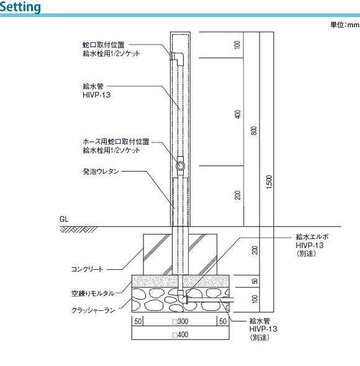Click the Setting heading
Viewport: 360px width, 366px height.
coord(20,7)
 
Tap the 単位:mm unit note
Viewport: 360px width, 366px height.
coord(344,25)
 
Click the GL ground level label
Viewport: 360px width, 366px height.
coord(64,219)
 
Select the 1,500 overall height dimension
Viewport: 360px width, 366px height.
coord(269,182)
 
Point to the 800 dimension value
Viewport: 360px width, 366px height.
coord(254,130)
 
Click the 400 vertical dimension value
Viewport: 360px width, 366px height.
coord(237,114)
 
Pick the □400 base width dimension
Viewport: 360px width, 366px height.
coord(180,335)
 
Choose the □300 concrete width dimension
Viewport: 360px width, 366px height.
coord(180,321)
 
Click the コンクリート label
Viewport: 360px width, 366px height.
coord(87,269)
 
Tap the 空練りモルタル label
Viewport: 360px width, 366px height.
coord(93,293)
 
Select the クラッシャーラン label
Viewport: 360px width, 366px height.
coord(94,310)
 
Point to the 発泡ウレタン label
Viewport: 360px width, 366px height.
coord(101,172)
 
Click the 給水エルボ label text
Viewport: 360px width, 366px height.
coord(312,237)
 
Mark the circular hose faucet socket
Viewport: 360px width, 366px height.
coord(180,166)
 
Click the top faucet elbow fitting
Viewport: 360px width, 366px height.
coord(178,58)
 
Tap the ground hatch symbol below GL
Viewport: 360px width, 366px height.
coord(78,230)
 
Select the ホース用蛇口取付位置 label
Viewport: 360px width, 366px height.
coord(116,141)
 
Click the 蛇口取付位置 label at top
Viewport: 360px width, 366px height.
coord(104,45)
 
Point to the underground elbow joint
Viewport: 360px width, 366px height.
coord(182,297)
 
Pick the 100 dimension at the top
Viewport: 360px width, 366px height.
coord(237,45)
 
